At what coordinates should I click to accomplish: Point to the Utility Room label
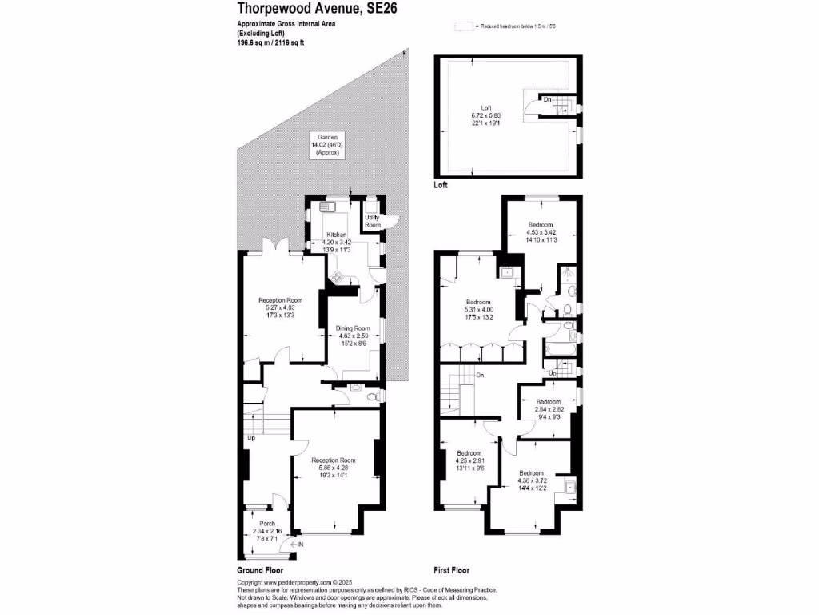pyautogui.click(x=373, y=222)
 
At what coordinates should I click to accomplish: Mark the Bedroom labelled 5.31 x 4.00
pyautogui.click(x=479, y=308)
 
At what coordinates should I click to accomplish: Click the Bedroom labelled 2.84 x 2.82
pyautogui.click(x=549, y=408)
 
